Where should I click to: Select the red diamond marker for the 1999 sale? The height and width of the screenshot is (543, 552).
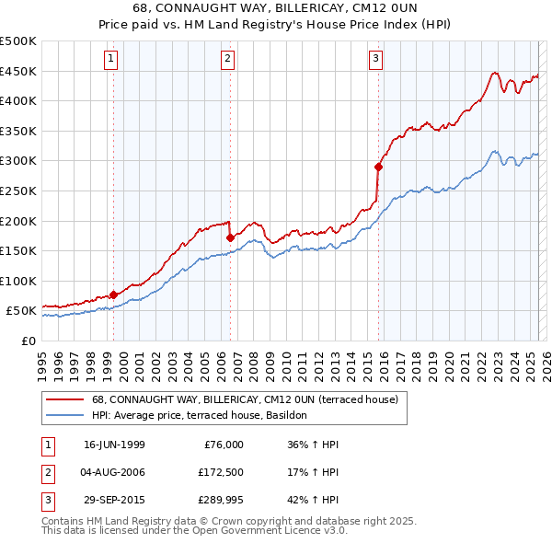[113, 295]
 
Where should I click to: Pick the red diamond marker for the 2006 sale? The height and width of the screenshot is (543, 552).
[230, 237]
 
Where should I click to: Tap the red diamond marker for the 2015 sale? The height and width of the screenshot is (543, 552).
[378, 167]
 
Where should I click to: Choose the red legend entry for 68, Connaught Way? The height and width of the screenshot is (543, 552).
[244, 399]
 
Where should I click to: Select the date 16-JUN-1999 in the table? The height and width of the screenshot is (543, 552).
[114, 445]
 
